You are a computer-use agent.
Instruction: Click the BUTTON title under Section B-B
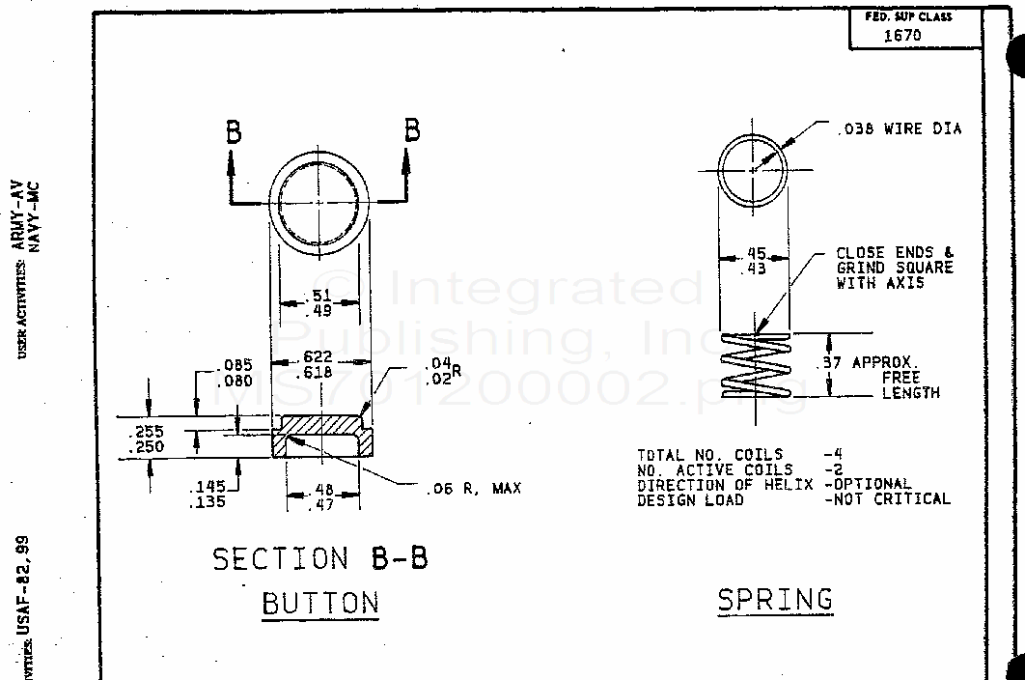click(x=320, y=604)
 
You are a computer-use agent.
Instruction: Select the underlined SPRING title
click(x=775, y=600)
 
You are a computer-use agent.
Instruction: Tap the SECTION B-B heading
click(x=319, y=558)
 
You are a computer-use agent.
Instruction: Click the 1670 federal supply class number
click(x=902, y=36)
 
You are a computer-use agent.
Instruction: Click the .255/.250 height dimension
click(x=146, y=439)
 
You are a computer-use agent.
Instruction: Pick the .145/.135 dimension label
click(x=208, y=495)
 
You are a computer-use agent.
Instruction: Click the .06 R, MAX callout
click(x=473, y=489)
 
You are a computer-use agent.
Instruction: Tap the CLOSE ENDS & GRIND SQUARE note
click(x=895, y=268)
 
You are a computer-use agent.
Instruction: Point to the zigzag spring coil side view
click(x=756, y=364)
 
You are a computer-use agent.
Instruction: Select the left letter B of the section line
click(x=233, y=133)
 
